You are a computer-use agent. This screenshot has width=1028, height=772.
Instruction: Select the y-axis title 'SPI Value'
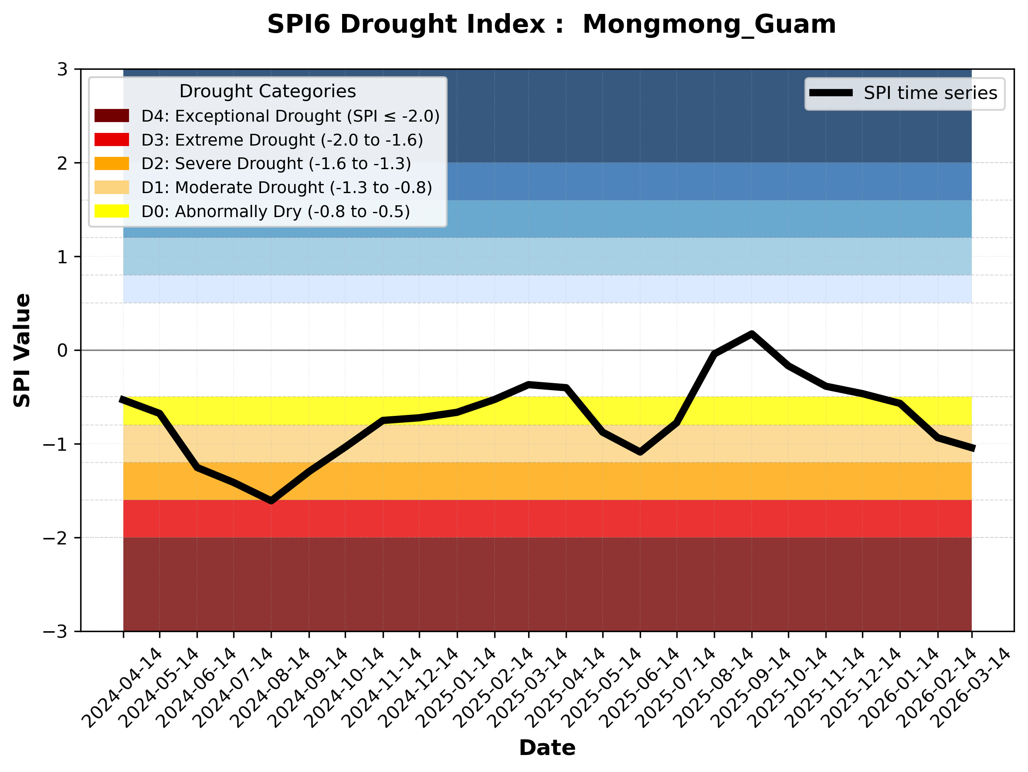point(22,350)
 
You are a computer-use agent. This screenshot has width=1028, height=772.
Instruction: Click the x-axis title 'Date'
point(547,748)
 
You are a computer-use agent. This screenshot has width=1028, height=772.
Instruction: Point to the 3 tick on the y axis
point(63,70)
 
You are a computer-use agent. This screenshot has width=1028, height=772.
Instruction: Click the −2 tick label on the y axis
point(56,538)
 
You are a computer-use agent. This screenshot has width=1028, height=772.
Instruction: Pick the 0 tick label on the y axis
point(63,351)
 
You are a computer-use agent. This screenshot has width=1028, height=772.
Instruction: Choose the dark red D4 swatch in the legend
point(112,116)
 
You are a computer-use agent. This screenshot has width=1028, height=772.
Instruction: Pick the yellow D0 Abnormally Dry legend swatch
point(112,211)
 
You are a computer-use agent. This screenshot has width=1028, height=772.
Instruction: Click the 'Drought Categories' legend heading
point(268,92)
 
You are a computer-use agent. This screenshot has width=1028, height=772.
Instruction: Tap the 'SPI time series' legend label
point(930,93)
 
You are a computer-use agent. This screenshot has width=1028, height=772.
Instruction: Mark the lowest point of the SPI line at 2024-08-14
point(271,501)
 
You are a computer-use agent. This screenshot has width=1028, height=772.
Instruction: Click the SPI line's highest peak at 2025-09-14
point(751,334)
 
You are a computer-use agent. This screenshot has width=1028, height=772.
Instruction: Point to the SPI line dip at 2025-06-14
point(641,451)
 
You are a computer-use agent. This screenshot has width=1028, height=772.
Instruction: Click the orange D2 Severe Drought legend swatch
point(112,163)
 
